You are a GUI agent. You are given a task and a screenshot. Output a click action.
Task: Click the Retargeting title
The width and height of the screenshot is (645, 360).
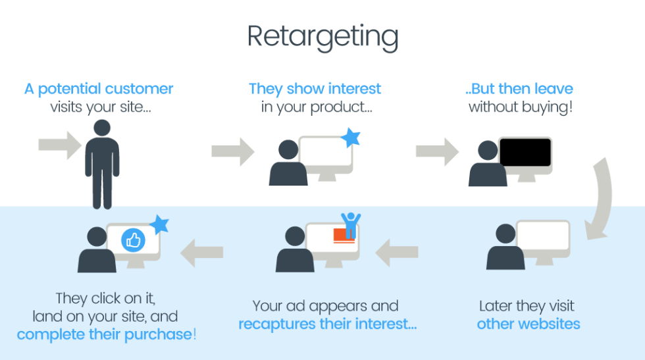point(322,37)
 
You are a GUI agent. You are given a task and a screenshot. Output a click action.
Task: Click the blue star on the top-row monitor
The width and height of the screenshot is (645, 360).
point(350,138)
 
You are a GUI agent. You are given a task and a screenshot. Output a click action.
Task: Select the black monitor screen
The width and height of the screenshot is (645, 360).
point(525,153)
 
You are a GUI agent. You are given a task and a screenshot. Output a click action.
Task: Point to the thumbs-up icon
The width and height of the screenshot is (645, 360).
point(133,240)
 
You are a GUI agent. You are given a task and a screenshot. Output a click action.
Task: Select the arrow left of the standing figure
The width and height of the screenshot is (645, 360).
point(59,145)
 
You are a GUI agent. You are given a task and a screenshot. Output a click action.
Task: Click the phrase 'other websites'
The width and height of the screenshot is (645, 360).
point(529,324)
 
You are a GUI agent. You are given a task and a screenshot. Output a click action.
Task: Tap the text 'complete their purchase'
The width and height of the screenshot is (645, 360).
point(105,334)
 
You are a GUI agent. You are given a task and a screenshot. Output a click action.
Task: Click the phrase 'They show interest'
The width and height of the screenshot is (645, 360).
point(315,89)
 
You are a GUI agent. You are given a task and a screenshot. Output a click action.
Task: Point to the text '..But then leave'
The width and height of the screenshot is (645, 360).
point(520,89)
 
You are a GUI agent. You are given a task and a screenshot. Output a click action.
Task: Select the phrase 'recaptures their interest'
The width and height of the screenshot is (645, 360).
point(327,324)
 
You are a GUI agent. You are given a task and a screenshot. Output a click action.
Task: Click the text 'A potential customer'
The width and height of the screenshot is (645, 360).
point(99,89)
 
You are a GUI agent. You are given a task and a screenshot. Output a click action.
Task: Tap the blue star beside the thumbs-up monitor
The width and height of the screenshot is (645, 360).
point(159,224)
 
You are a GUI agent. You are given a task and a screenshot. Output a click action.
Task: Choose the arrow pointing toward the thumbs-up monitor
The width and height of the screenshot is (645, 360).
point(202,252)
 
